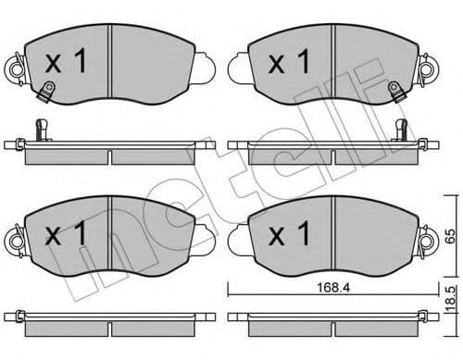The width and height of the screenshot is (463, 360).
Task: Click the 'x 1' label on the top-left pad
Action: (66, 63)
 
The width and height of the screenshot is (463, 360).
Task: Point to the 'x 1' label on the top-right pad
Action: (288, 63)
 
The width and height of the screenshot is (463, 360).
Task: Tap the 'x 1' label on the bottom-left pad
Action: (66, 234)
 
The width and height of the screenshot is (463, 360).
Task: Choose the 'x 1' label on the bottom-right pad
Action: (288, 234)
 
